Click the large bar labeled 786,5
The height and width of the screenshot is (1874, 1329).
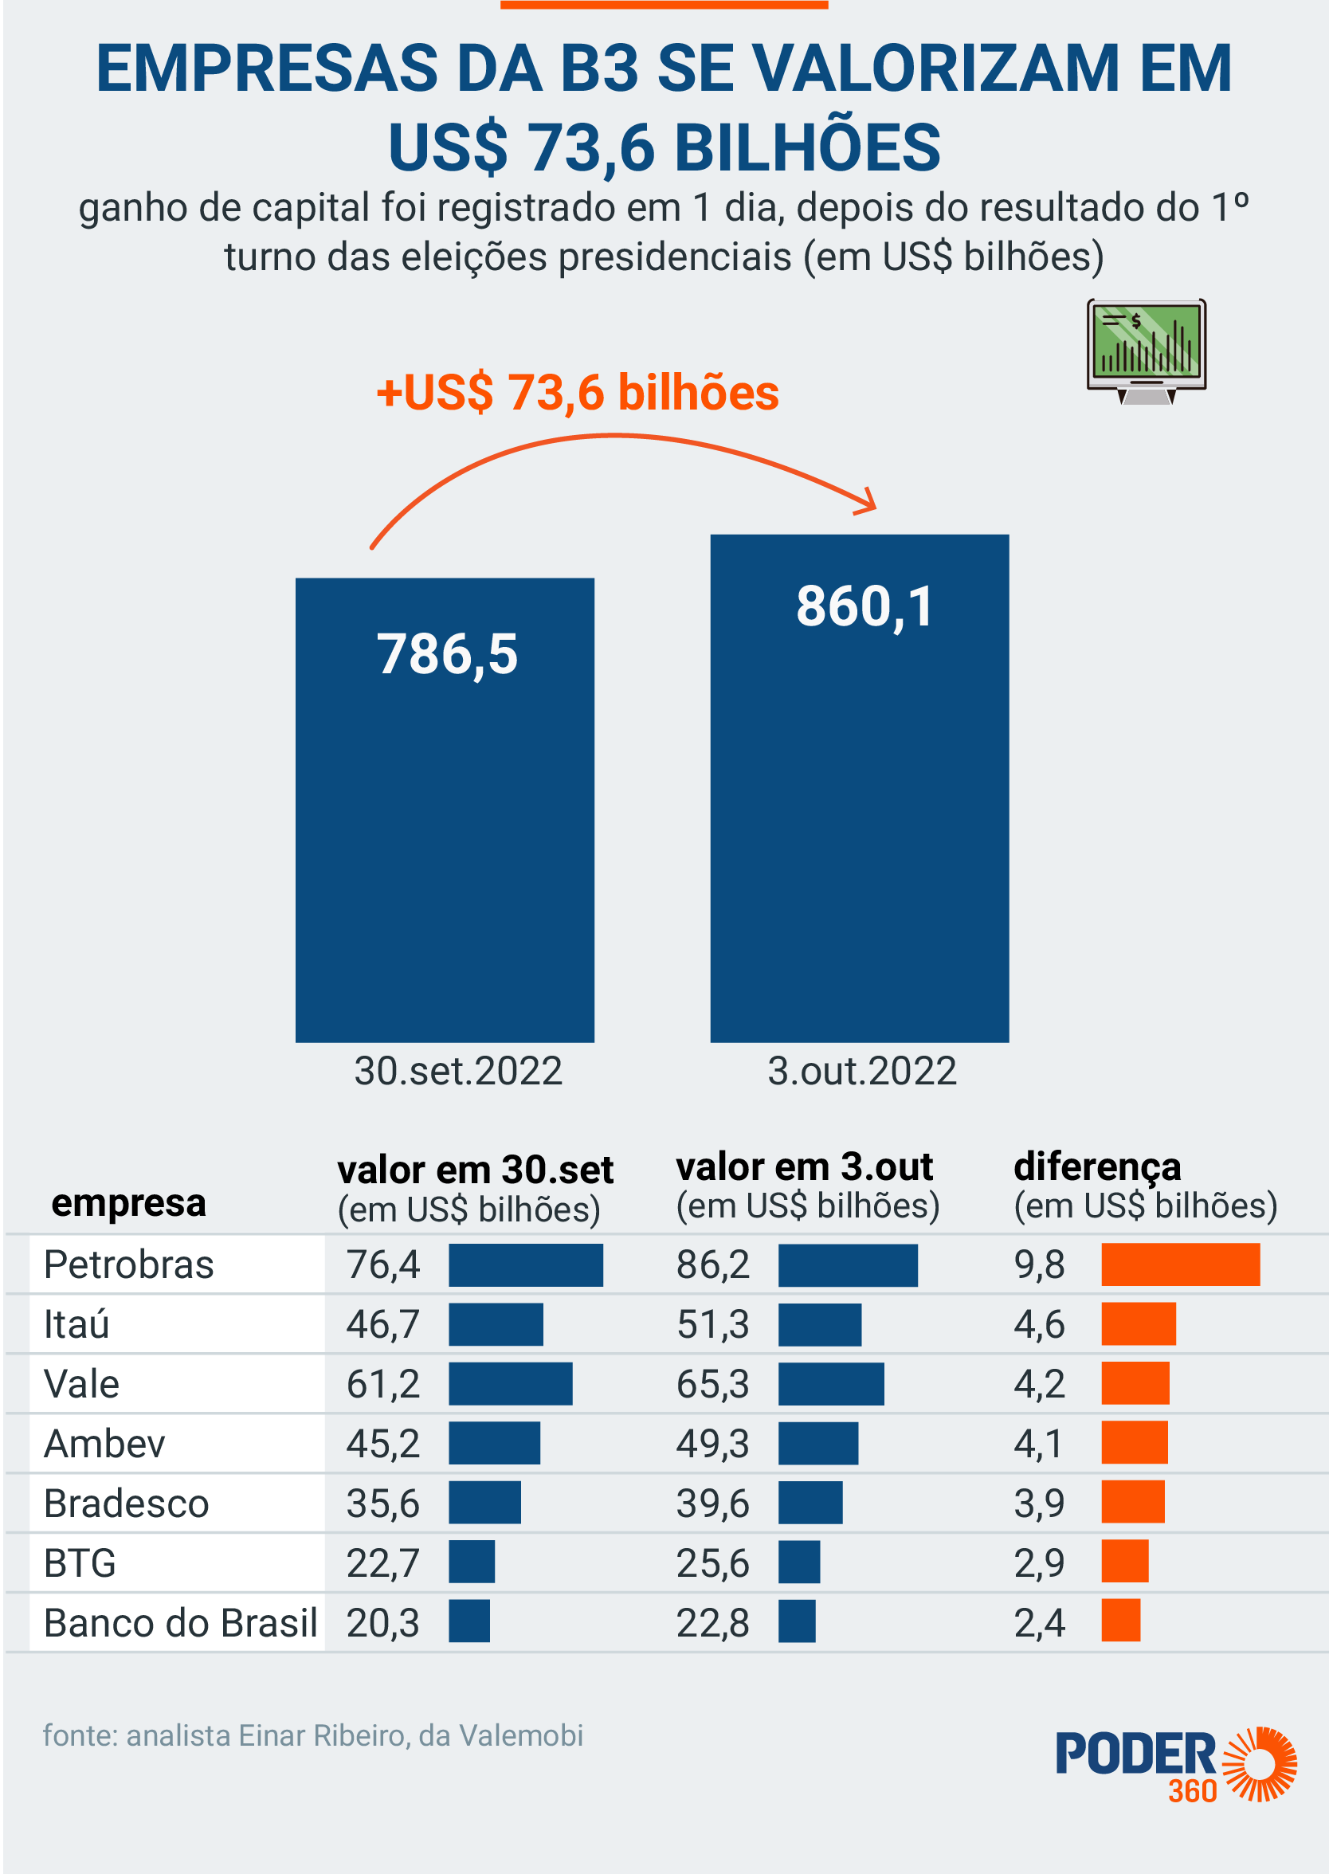445,810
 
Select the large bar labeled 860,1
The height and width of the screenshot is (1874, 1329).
859,788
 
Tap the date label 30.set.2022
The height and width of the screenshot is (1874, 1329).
457,1071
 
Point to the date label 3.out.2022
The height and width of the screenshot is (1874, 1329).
862,1071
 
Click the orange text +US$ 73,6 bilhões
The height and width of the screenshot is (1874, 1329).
577,393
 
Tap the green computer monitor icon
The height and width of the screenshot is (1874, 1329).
1147,351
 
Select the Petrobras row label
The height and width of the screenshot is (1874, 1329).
128,1265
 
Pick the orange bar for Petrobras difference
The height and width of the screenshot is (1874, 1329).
1180,1264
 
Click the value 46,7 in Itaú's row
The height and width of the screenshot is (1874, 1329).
382,1325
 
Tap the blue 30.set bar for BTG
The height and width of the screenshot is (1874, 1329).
472,1562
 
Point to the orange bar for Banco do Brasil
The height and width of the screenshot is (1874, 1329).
1120,1621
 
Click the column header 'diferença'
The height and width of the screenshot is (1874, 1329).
1096,1167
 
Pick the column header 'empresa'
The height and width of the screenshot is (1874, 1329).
128,1203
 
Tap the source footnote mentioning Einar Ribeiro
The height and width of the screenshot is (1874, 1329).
312,1735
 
